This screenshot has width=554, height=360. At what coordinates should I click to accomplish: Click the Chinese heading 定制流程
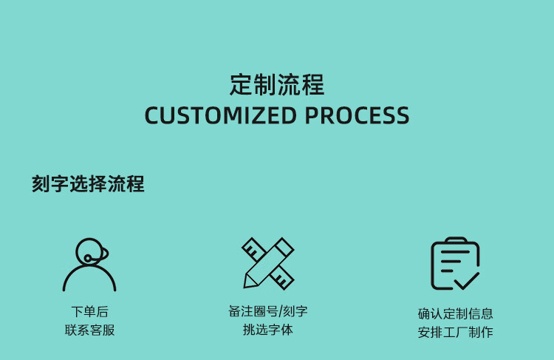tap(277, 85)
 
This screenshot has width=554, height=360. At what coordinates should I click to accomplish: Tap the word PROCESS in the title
tap(357, 116)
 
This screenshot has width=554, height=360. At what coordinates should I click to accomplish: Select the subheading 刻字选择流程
tap(88, 184)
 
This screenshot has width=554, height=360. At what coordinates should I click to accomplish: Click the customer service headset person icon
tap(89, 265)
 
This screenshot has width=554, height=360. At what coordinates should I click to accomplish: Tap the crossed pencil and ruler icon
tap(268, 263)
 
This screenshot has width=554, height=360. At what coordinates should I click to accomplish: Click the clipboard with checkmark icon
tap(455, 264)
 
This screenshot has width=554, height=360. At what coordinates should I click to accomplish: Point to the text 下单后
tap(89, 311)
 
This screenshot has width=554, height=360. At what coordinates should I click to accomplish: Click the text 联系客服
tap(89, 330)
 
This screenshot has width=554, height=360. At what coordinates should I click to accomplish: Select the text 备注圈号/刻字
tap(268, 311)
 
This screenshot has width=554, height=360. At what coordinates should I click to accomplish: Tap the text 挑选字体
tap(268, 330)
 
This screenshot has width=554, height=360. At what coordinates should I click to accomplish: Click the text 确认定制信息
tap(455, 313)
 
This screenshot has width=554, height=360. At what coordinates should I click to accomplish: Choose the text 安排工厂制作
tap(455, 332)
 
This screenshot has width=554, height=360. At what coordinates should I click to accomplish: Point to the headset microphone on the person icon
tap(89, 258)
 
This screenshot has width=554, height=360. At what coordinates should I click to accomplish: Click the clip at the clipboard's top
tap(455, 241)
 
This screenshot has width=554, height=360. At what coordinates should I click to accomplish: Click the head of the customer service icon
tap(90, 251)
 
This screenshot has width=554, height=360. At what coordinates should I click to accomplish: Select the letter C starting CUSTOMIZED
tap(152, 116)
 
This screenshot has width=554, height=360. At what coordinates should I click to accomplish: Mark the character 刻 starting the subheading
tap(40, 184)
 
